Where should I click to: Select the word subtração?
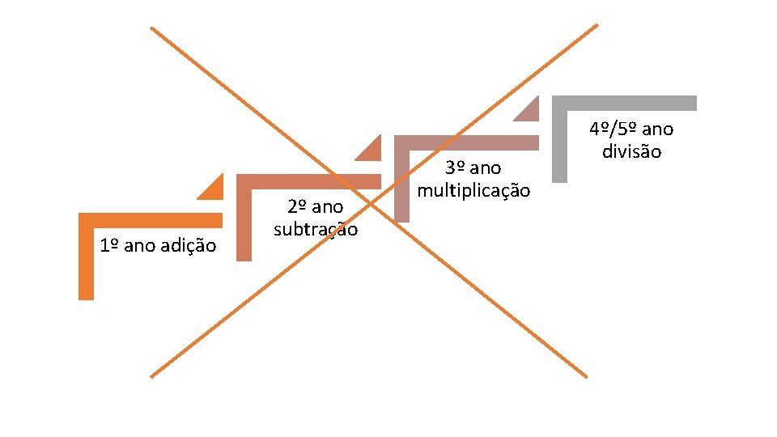pyautogui.click(x=316, y=229)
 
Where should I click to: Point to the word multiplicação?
pyautogui.click(x=473, y=191)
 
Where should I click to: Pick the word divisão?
pyautogui.click(x=631, y=151)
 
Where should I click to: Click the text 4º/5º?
pyautogui.click(x=614, y=129)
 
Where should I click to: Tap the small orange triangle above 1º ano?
pyautogui.click(x=213, y=189)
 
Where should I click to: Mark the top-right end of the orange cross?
pyautogui.click(x=597, y=25)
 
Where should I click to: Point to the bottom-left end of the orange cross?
pyautogui.click(x=151, y=375)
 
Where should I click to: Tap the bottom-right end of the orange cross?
pyautogui.click(x=585, y=376)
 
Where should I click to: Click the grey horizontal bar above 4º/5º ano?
pyautogui.click(x=624, y=103)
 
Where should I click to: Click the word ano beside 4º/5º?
pyautogui.click(x=659, y=129)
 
